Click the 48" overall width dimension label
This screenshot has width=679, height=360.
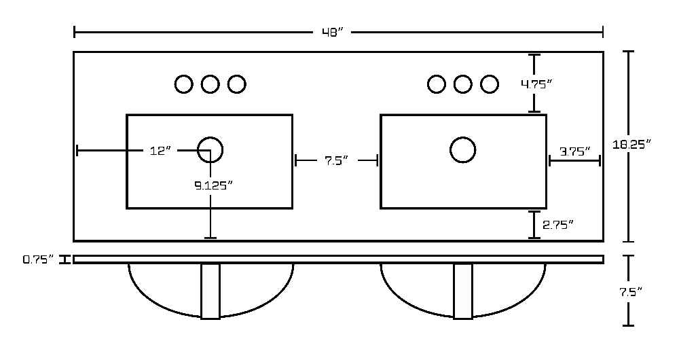pos(333,33)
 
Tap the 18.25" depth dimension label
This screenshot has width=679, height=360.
pos(631,144)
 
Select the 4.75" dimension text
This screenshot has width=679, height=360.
pos(536,84)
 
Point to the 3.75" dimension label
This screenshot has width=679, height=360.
pos(575,151)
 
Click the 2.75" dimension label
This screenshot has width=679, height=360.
pos(558,224)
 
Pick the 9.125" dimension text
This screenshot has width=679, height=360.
pos(213,185)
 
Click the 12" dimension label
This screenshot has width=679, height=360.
pos(161,151)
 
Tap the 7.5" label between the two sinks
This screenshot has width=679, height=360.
pos(337,161)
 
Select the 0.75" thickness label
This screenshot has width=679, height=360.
pos(39,259)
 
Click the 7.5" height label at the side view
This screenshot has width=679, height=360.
pos(630,292)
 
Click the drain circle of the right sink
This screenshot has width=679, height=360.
pos(463,150)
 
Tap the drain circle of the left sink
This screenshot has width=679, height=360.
pos(210,150)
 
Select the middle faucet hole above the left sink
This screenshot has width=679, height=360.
pos(210,84)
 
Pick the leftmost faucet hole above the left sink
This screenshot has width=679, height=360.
pos(183,84)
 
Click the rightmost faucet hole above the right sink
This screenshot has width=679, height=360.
pos(490,84)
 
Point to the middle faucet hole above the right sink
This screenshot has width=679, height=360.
pos(463,84)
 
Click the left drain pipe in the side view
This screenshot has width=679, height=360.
pos(210,291)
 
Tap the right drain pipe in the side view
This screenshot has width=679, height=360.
pos(463,291)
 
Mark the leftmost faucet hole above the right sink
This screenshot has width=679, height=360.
pos(437,84)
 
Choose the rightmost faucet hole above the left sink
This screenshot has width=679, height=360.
pos(236,84)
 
